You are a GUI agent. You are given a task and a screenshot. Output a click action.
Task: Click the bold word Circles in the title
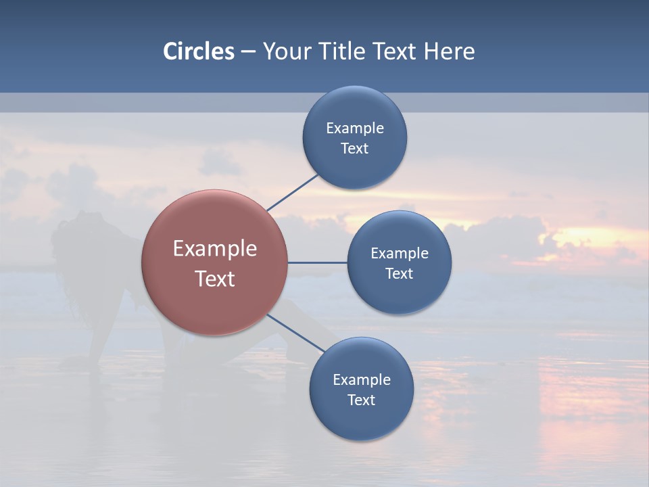click(x=199, y=51)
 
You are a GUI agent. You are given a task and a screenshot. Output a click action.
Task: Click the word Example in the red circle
click(x=215, y=249)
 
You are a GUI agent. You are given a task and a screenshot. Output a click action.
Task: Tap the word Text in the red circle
click(x=215, y=279)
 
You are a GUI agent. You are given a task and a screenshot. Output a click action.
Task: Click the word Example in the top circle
click(x=355, y=129)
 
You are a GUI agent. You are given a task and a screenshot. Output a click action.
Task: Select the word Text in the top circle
click(x=355, y=149)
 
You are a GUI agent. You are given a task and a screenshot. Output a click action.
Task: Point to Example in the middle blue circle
click(x=400, y=254)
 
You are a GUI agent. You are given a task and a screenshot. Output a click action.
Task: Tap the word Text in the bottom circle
click(x=362, y=400)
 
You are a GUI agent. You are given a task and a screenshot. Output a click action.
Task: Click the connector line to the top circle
click(x=292, y=192)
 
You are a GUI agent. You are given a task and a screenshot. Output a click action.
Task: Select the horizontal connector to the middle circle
click(x=318, y=262)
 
